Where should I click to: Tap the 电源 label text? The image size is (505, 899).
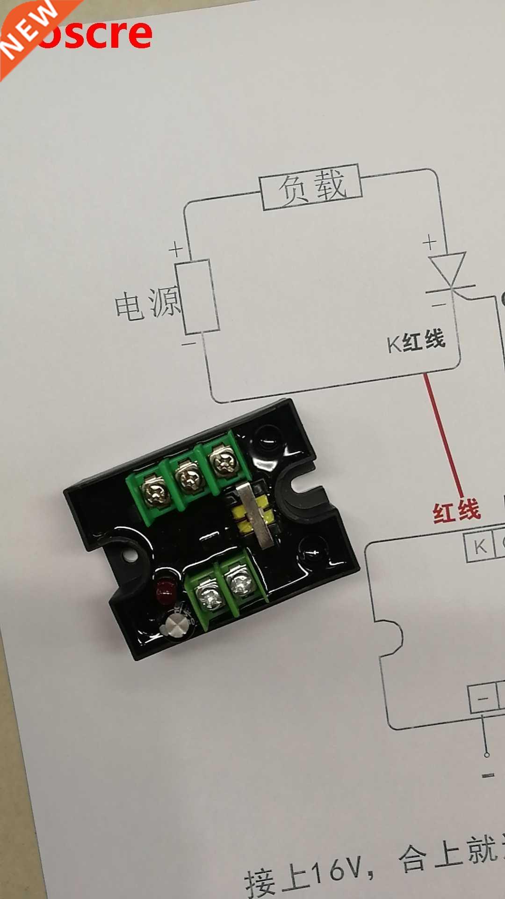147,304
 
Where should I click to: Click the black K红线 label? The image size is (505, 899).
416,341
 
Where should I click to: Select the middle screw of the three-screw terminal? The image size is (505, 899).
189,478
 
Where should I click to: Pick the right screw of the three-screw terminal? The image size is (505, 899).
222,463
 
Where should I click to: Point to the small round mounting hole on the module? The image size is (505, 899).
130,556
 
